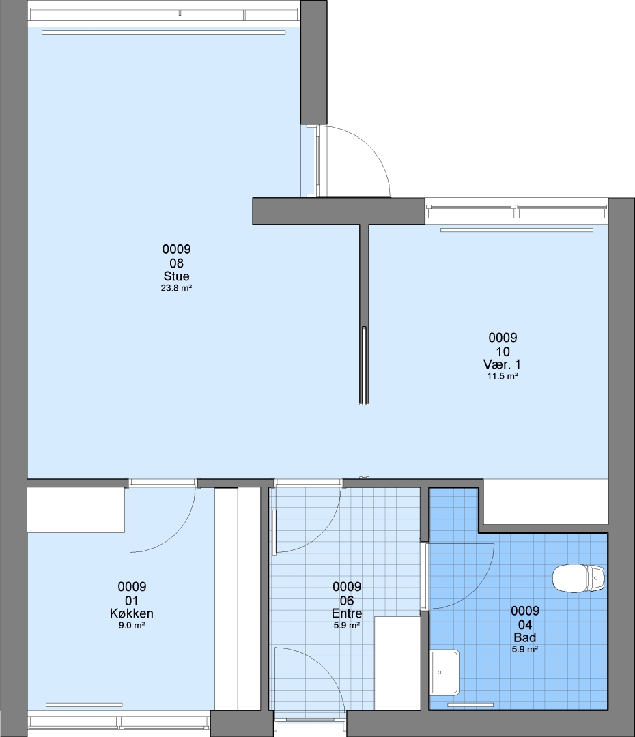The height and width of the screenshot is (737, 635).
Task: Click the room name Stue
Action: [x=176, y=276]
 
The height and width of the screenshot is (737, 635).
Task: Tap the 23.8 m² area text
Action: [x=176, y=288]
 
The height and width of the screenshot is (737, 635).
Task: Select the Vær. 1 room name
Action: [x=503, y=364]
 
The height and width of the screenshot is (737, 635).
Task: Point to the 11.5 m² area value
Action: [x=503, y=376]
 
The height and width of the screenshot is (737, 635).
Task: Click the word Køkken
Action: [x=132, y=613]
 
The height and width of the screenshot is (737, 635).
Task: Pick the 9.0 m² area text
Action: [x=132, y=626]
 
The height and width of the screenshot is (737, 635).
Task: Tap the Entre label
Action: [x=347, y=613]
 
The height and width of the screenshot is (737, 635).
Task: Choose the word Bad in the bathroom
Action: [x=525, y=638]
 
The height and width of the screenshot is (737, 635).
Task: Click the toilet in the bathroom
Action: [x=578, y=579]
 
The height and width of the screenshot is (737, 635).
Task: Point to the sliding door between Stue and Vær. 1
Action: [x=364, y=365]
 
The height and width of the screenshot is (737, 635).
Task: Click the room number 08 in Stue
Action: [x=176, y=263]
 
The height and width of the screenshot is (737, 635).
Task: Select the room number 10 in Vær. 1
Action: [x=503, y=351]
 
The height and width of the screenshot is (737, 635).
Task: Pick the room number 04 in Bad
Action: [x=525, y=624]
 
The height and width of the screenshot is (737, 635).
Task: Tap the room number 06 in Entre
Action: [x=347, y=601]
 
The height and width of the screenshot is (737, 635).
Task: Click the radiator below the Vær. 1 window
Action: [x=517, y=230]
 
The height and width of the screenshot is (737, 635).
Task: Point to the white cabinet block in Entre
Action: [x=397, y=663]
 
